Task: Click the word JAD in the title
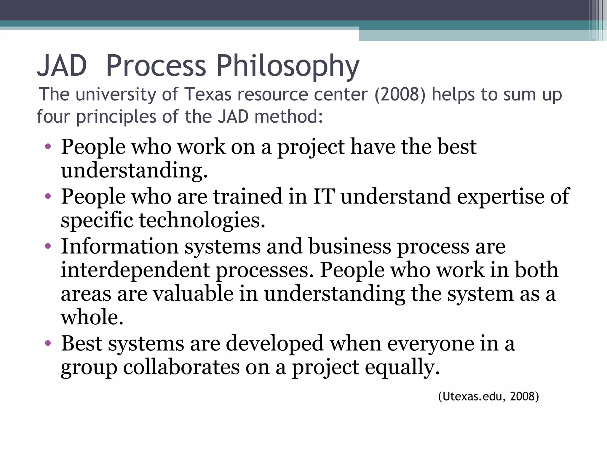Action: point(62,65)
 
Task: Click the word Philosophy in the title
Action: point(287,67)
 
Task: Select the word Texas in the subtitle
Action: point(208,94)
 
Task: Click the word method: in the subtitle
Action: point(289,116)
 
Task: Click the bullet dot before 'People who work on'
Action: point(48,146)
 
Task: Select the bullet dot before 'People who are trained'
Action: point(48,196)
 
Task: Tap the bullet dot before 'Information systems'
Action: point(48,246)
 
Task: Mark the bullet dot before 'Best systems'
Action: point(48,343)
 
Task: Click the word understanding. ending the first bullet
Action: point(134,171)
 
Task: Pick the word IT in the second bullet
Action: point(324,196)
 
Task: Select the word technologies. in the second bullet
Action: point(202,220)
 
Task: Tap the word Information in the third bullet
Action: point(120,246)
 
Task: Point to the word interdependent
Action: point(135,270)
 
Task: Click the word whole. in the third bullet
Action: point(92,317)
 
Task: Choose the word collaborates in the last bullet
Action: point(181,367)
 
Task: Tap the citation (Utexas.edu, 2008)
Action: point(488,396)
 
